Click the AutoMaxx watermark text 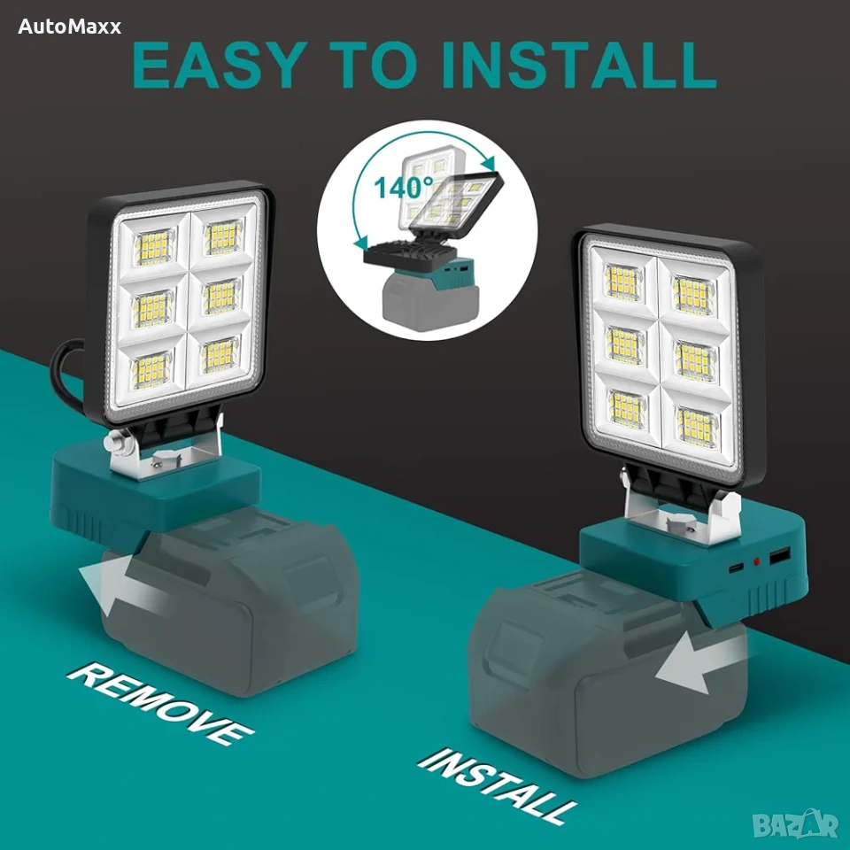pos(69,27)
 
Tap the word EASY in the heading pos(217,65)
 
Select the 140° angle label pos(404,188)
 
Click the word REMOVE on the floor pos(160,703)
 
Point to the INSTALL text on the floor pos(497,785)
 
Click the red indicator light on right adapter pos(757,562)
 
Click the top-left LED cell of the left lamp pos(154,247)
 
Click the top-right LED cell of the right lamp pos(692,294)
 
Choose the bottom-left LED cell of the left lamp pos(151,370)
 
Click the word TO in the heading pos(371,65)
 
